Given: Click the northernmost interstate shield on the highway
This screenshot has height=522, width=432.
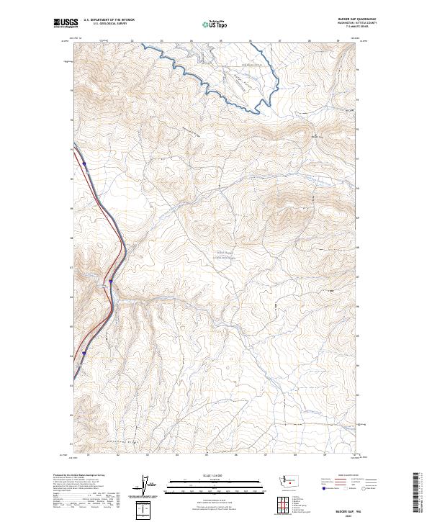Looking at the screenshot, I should [84, 163].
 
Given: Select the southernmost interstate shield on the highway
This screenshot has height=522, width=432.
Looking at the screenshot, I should [84, 353].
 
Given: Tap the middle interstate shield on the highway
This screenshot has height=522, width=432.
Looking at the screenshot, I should [111, 281].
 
